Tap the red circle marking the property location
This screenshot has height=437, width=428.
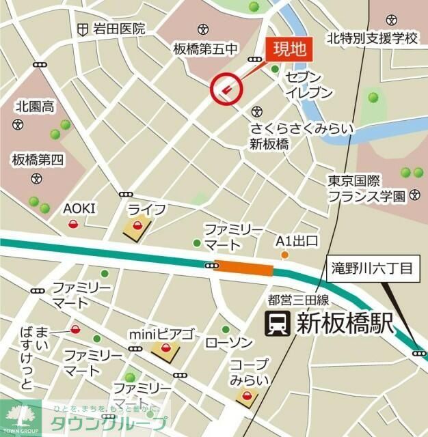(x=227, y=88)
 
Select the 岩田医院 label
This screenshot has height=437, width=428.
(x=120, y=29)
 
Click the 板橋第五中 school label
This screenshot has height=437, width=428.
(x=205, y=48)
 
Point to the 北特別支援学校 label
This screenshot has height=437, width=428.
(x=371, y=38)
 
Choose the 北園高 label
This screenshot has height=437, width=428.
(x=36, y=106)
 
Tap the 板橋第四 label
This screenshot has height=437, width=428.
(x=37, y=160)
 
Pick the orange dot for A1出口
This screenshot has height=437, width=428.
(x=285, y=255)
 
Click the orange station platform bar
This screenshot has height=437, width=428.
(x=244, y=268)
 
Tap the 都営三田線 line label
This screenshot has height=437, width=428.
(x=299, y=300)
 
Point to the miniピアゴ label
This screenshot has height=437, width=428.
(x=161, y=335)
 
